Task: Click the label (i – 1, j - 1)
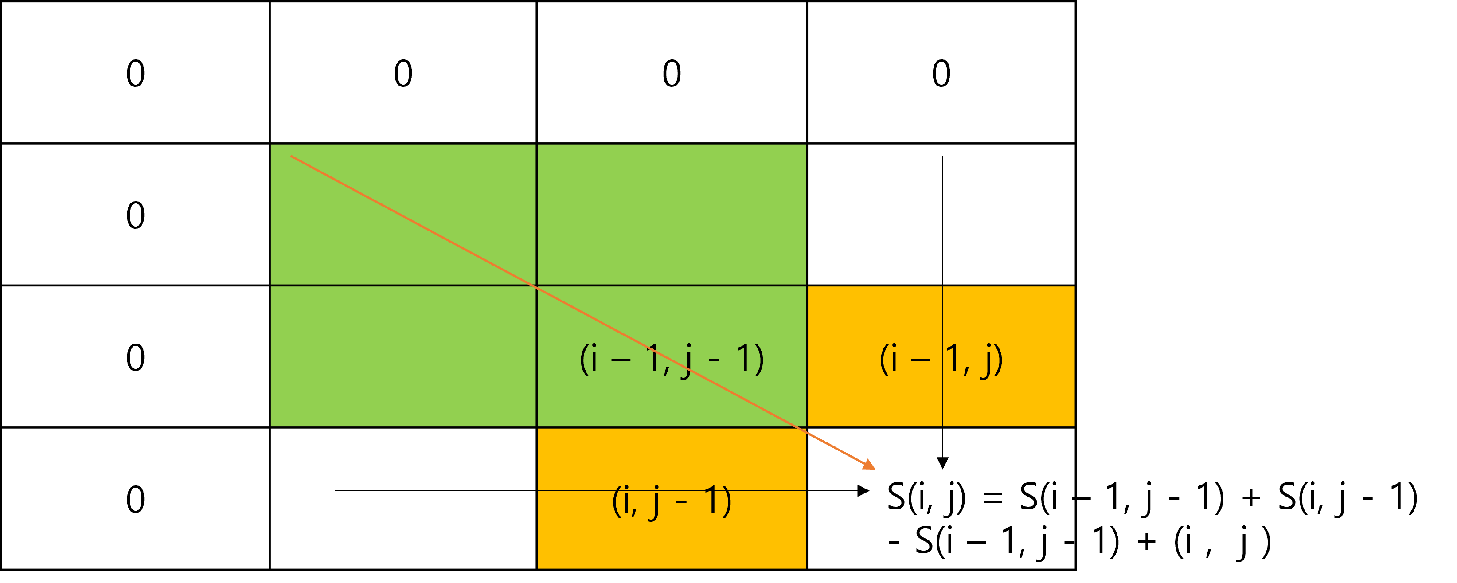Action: tap(672, 359)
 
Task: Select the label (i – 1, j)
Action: tap(941, 359)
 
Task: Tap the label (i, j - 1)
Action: tap(672, 501)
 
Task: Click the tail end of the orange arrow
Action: tap(291, 156)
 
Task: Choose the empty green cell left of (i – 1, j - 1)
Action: tap(403, 356)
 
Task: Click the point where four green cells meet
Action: tap(537, 286)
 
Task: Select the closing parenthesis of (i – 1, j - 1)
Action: tap(758, 360)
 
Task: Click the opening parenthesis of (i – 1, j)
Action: tap(883, 360)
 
